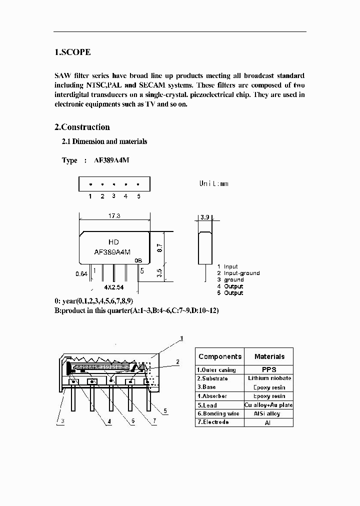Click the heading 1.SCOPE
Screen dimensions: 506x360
click(x=72, y=52)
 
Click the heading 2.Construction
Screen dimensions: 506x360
click(x=82, y=127)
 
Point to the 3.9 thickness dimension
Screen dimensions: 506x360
click(x=204, y=217)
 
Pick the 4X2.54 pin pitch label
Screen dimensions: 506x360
click(x=114, y=288)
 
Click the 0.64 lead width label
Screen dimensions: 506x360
click(x=81, y=274)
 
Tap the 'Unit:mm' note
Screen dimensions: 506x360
click(x=213, y=183)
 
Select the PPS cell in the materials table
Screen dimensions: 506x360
click(x=269, y=369)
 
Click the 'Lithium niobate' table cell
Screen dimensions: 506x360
click(x=269, y=378)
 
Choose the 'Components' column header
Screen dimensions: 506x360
click(x=220, y=356)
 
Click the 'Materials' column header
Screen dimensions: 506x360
click(x=269, y=356)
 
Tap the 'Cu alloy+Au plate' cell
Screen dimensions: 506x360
click(x=269, y=404)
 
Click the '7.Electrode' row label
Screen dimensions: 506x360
click(x=213, y=422)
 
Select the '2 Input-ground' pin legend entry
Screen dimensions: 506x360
click(x=238, y=273)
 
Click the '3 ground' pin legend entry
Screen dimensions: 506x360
click(x=230, y=279)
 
